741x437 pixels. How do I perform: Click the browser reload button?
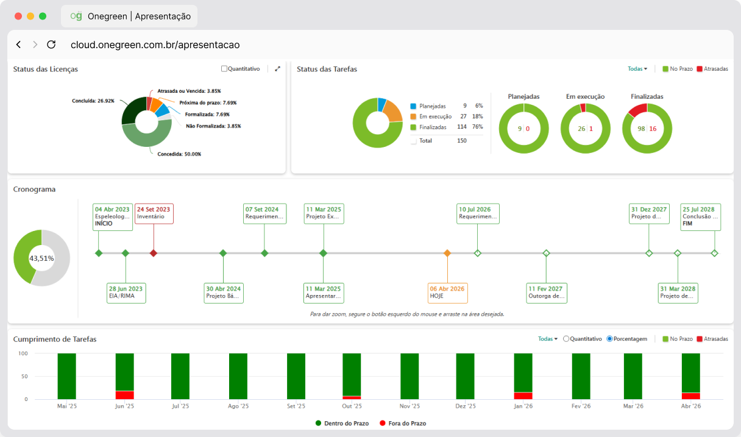coord(51,44)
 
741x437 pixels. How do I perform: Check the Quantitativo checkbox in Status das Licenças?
coord(224,69)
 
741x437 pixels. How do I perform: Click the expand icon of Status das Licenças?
coord(277,69)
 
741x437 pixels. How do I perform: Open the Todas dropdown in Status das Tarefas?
coord(637,69)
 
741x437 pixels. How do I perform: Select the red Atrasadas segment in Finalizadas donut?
coord(637,110)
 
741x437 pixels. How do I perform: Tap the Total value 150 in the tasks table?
coord(462,141)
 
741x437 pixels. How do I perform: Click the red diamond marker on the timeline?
coord(154,253)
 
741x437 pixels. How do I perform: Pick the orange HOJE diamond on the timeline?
coord(447,253)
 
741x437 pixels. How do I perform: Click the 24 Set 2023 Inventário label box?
coord(154,213)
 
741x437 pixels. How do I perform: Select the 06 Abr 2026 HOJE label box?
coord(447,293)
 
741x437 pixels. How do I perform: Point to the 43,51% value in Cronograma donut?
coord(41,258)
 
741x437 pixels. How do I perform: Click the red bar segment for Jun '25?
coord(125,395)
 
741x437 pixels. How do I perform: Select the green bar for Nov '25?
coord(409,376)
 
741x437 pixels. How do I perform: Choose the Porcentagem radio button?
coord(609,339)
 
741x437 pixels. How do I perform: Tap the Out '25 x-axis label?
coord(352,406)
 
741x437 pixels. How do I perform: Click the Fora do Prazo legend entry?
coord(403,423)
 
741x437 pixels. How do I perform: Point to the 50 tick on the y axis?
coord(24,376)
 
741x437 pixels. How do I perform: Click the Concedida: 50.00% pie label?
coord(179,154)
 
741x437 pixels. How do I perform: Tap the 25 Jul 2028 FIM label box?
coord(700,217)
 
